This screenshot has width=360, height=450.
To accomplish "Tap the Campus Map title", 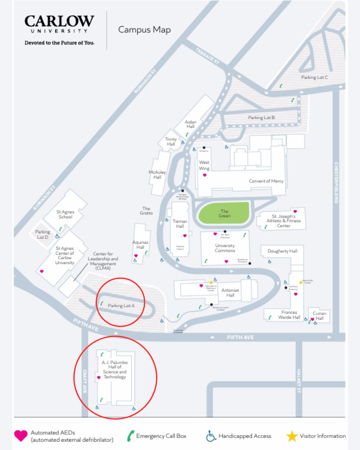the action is point(144,30).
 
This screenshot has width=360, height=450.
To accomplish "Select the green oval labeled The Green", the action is point(224,213).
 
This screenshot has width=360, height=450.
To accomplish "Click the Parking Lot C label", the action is point(314,77).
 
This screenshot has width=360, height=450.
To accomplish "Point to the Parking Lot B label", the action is point(261,118).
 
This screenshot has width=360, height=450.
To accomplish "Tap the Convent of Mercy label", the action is point(266,181).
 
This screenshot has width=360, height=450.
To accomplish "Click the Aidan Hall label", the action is point(190,124).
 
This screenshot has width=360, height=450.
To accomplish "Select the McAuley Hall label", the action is point(157,175).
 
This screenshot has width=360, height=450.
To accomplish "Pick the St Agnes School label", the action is point(65,214).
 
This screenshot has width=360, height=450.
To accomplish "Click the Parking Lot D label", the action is point(43,234).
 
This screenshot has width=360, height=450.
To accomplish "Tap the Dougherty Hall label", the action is point(282,251).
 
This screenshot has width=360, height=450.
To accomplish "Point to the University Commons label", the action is point(225,248).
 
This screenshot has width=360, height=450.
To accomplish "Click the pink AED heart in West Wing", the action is point(205,175).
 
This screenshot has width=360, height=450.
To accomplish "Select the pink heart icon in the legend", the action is point(21,436).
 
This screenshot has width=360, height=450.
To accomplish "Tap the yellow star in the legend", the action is point(292,436).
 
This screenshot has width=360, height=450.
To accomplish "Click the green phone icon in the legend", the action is point(130,436).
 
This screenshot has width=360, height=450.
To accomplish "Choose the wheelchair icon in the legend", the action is point(211,436).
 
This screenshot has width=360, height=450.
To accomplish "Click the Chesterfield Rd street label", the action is point(336,183).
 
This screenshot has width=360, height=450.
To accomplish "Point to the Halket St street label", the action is point(299,381).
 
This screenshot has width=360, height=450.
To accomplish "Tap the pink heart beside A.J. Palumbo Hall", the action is point(99,378).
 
